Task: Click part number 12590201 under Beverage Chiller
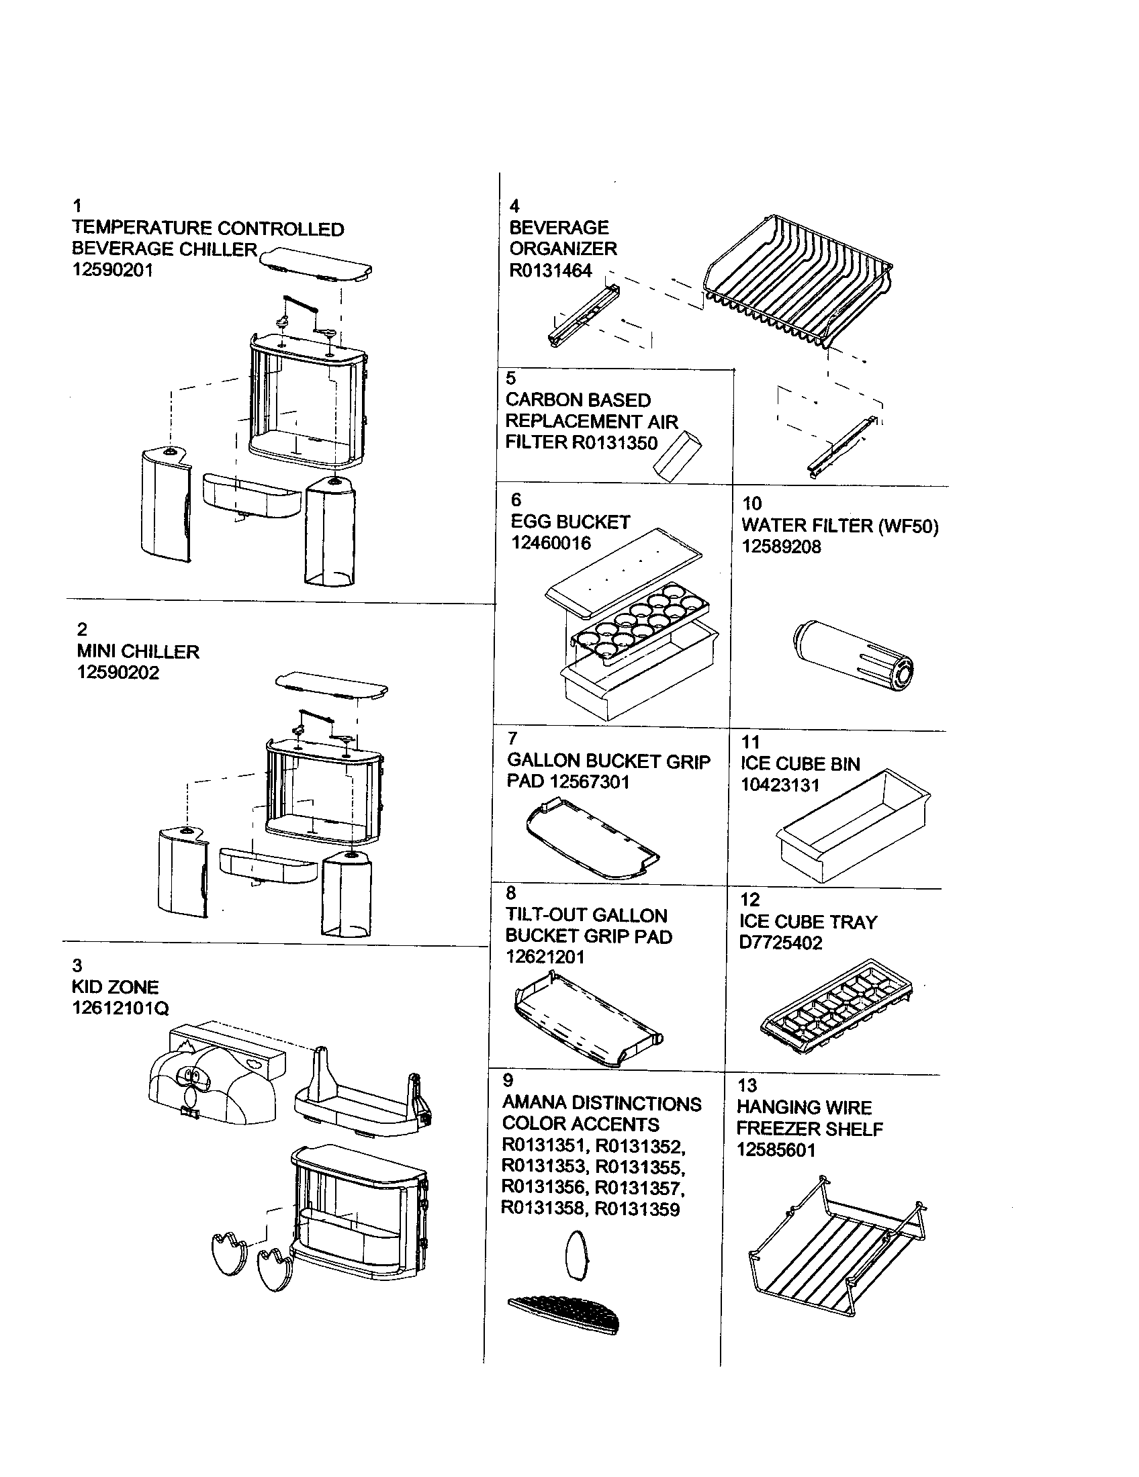[112, 271]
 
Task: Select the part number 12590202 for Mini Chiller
[118, 673]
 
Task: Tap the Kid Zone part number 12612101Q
[120, 1008]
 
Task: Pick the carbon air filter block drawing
[677, 456]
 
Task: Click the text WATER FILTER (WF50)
[839, 526]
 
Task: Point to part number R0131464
[550, 271]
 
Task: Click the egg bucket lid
[623, 569]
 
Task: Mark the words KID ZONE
[115, 987]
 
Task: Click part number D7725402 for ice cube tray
[780, 943]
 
